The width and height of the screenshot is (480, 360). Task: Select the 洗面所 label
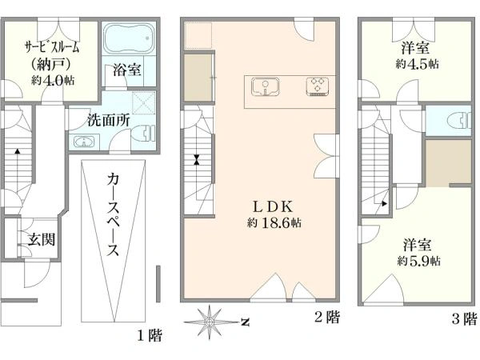coord(109,121)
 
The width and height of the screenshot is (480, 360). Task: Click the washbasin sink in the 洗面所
coord(84,142)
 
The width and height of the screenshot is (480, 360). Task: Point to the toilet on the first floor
coord(144,133)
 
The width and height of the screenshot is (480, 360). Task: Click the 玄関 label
coord(40,238)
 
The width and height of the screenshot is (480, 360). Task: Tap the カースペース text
coord(113,216)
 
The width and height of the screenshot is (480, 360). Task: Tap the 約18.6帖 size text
coord(274,222)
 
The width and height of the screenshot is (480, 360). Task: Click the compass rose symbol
coord(210,322)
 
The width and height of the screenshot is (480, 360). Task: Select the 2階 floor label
coord(326,318)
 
